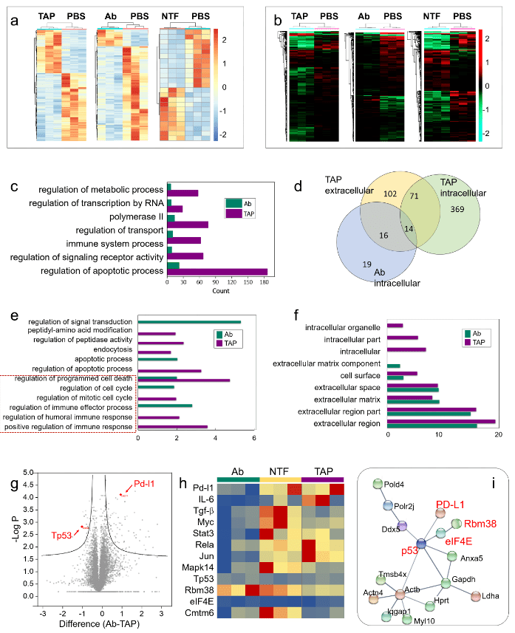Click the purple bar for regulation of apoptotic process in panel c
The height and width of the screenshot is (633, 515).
coord(217,271)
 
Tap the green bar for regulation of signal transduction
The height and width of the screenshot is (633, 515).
coord(189,322)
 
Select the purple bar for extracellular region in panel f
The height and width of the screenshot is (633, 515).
coord(441,421)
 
